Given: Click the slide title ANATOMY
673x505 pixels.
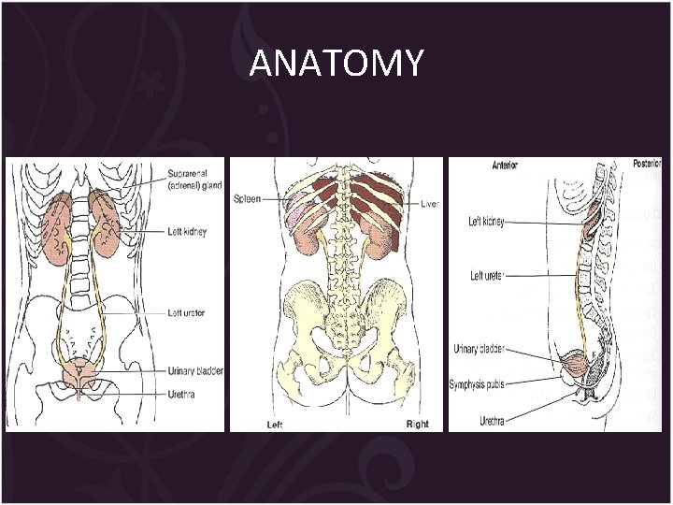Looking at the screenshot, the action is pyautogui.click(x=336, y=63).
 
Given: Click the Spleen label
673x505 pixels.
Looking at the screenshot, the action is pyautogui.click(x=247, y=198).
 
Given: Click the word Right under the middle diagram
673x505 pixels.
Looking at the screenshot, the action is pyautogui.click(x=417, y=424).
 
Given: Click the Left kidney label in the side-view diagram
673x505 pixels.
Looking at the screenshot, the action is pyautogui.click(x=486, y=222).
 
